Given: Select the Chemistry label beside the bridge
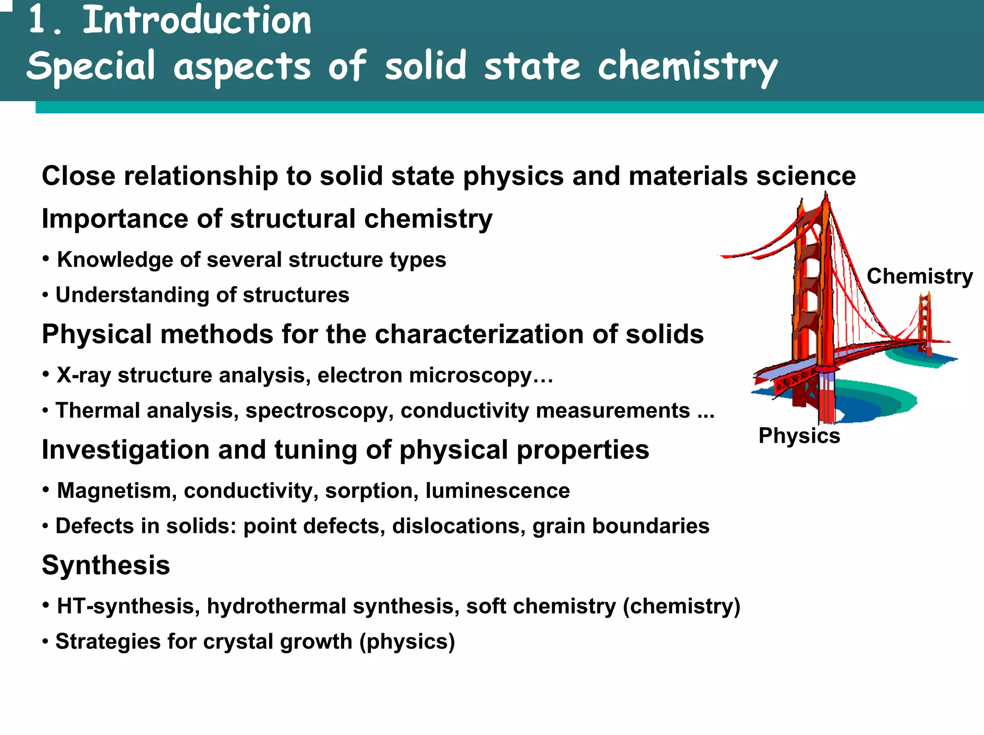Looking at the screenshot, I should [x=920, y=277].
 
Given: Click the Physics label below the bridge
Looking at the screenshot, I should [x=799, y=436].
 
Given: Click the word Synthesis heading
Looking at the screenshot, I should [x=106, y=565].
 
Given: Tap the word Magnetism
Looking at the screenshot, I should [x=114, y=491].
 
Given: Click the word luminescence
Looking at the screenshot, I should [x=497, y=491].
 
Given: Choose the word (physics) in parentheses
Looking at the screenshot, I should [x=407, y=641].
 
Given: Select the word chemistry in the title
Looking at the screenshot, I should [x=687, y=67].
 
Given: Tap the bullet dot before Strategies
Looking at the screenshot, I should [x=45, y=642].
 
